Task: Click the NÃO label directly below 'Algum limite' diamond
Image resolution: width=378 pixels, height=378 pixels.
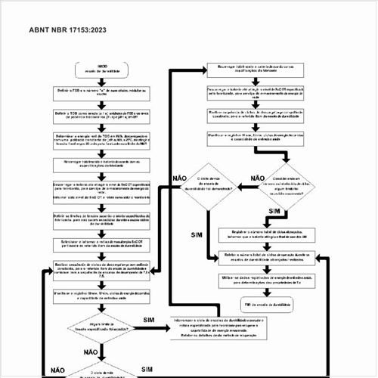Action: point(91,352)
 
